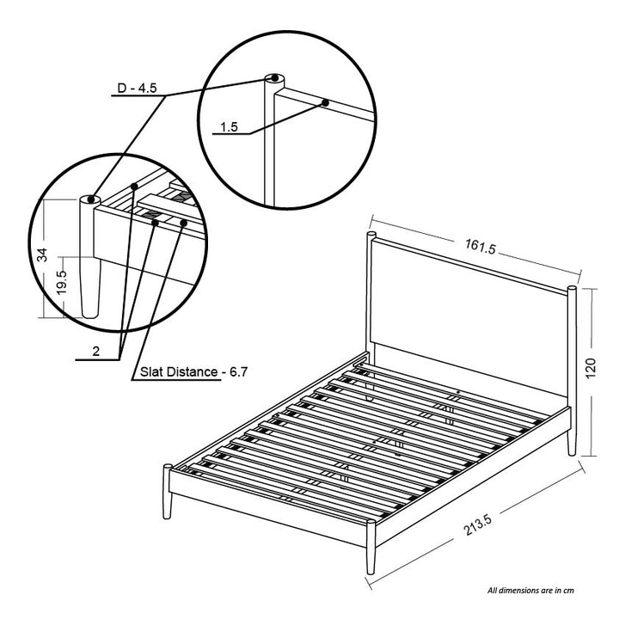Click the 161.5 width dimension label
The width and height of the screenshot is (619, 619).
480,247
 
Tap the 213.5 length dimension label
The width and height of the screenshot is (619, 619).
478,525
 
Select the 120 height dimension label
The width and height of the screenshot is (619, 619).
590,368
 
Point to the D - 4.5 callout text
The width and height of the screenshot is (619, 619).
137,88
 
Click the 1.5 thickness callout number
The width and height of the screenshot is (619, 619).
229,127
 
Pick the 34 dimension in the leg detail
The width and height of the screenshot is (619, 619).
42,254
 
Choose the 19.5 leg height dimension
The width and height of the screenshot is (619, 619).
62,282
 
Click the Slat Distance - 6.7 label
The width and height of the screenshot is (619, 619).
193,372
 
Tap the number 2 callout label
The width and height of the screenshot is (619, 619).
96,351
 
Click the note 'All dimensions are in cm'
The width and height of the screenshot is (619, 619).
530,591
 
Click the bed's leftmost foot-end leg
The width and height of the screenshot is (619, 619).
168,492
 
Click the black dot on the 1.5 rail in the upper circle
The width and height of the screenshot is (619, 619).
325,103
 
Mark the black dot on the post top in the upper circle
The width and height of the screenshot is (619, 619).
274,78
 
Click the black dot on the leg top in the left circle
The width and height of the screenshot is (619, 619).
91,199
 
